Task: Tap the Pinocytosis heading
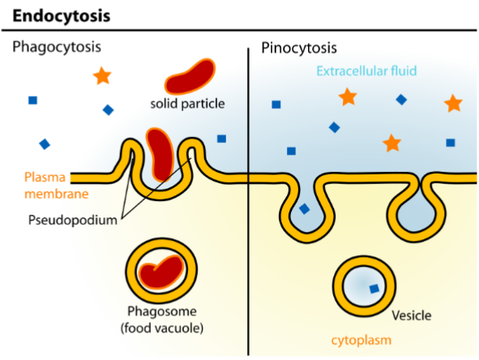(x=299, y=48)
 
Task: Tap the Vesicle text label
(x=411, y=315)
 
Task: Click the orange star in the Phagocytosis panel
(x=101, y=76)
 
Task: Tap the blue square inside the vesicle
(x=374, y=288)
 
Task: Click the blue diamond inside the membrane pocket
(x=304, y=208)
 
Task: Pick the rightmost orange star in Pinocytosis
(x=453, y=103)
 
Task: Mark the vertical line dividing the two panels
(x=247, y=203)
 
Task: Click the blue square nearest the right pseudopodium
(x=221, y=139)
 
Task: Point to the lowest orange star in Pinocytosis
(x=392, y=143)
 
